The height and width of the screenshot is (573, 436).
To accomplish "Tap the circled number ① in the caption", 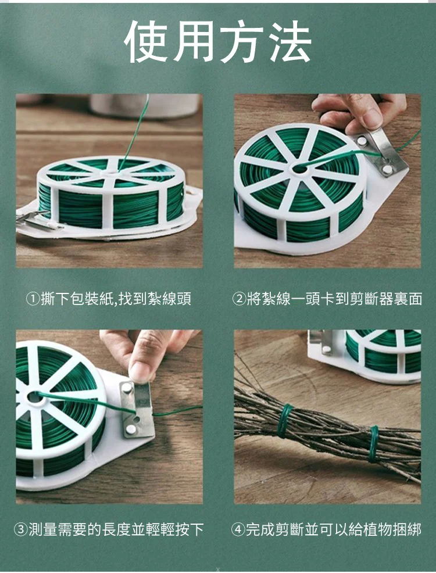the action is point(32,299).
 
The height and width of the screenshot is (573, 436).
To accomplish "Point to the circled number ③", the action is point(20,529).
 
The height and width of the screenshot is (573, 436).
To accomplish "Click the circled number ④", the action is point(238,529).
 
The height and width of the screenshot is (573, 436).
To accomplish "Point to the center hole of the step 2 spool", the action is point(300,169).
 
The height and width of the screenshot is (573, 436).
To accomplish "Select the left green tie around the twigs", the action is point(284,421).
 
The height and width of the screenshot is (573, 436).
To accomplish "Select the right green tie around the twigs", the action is point(373,443).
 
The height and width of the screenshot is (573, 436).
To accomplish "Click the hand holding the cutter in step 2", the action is point(360,112).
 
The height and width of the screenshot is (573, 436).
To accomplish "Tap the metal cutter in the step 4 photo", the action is point(320,342).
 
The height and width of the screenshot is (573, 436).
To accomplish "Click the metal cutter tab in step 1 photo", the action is point(35,220).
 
